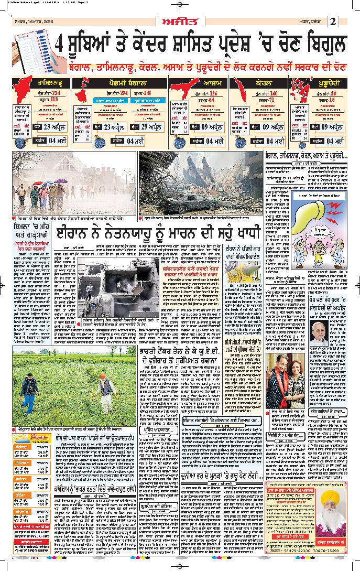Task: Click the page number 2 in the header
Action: tap(333, 21)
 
